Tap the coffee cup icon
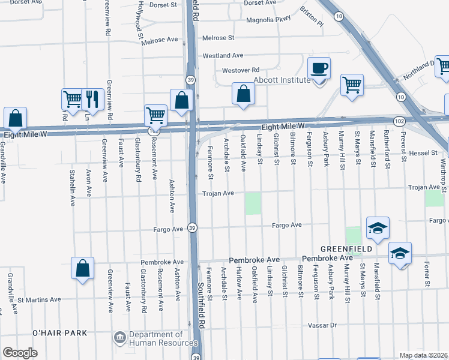[x=319, y=68]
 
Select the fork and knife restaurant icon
[x=91, y=98]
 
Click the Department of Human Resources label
[x=157, y=338]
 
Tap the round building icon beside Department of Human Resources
[x=120, y=338]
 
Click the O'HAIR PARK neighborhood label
[x=60, y=332]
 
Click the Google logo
[x=20, y=353]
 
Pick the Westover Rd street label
[x=240, y=70]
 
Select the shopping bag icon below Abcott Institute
[x=243, y=94]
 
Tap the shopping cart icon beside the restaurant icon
[x=72, y=98]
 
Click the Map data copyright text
[x=424, y=355]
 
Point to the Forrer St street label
[x=427, y=273]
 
